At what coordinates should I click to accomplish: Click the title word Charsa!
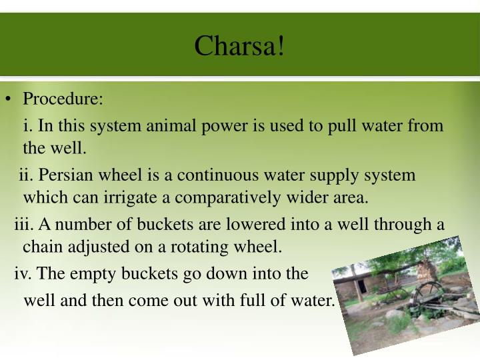[x=239, y=45]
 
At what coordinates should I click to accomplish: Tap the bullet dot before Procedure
[x=8, y=100]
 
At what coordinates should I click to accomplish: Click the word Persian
[x=63, y=175]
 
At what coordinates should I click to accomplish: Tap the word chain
[x=43, y=247]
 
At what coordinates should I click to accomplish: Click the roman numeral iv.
[x=22, y=273]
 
